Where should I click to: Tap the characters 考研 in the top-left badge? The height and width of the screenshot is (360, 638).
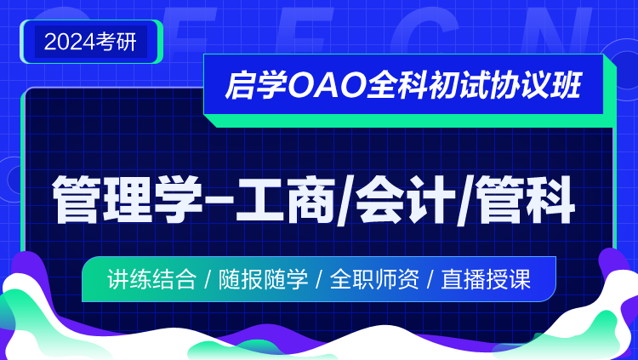[x=117, y=42]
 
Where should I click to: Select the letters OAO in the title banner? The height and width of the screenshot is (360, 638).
[x=326, y=85]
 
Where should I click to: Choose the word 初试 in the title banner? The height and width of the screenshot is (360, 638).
[x=458, y=85]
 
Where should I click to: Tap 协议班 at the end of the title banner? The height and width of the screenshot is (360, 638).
[x=535, y=85]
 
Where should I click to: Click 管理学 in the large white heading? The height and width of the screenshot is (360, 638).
[x=128, y=199]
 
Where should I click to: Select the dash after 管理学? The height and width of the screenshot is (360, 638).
[x=219, y=198]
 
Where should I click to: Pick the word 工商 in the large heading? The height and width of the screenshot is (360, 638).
[x=285, y=199]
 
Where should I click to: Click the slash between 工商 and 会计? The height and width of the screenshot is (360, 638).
[x=345, y=200]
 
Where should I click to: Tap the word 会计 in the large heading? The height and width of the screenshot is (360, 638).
[x=405, y=199]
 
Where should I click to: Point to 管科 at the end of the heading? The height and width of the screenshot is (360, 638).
[x=525, y=199]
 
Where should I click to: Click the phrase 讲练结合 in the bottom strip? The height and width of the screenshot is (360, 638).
[x=151, y=279]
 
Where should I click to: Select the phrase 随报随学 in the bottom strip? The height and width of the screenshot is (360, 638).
[x=263, y=279]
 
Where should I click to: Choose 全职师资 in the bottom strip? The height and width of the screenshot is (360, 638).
[x=374, y=279]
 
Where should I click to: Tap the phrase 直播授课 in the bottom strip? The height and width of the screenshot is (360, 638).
[x=486, y=279]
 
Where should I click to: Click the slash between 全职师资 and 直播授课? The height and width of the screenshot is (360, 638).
[x=430, y=280]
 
